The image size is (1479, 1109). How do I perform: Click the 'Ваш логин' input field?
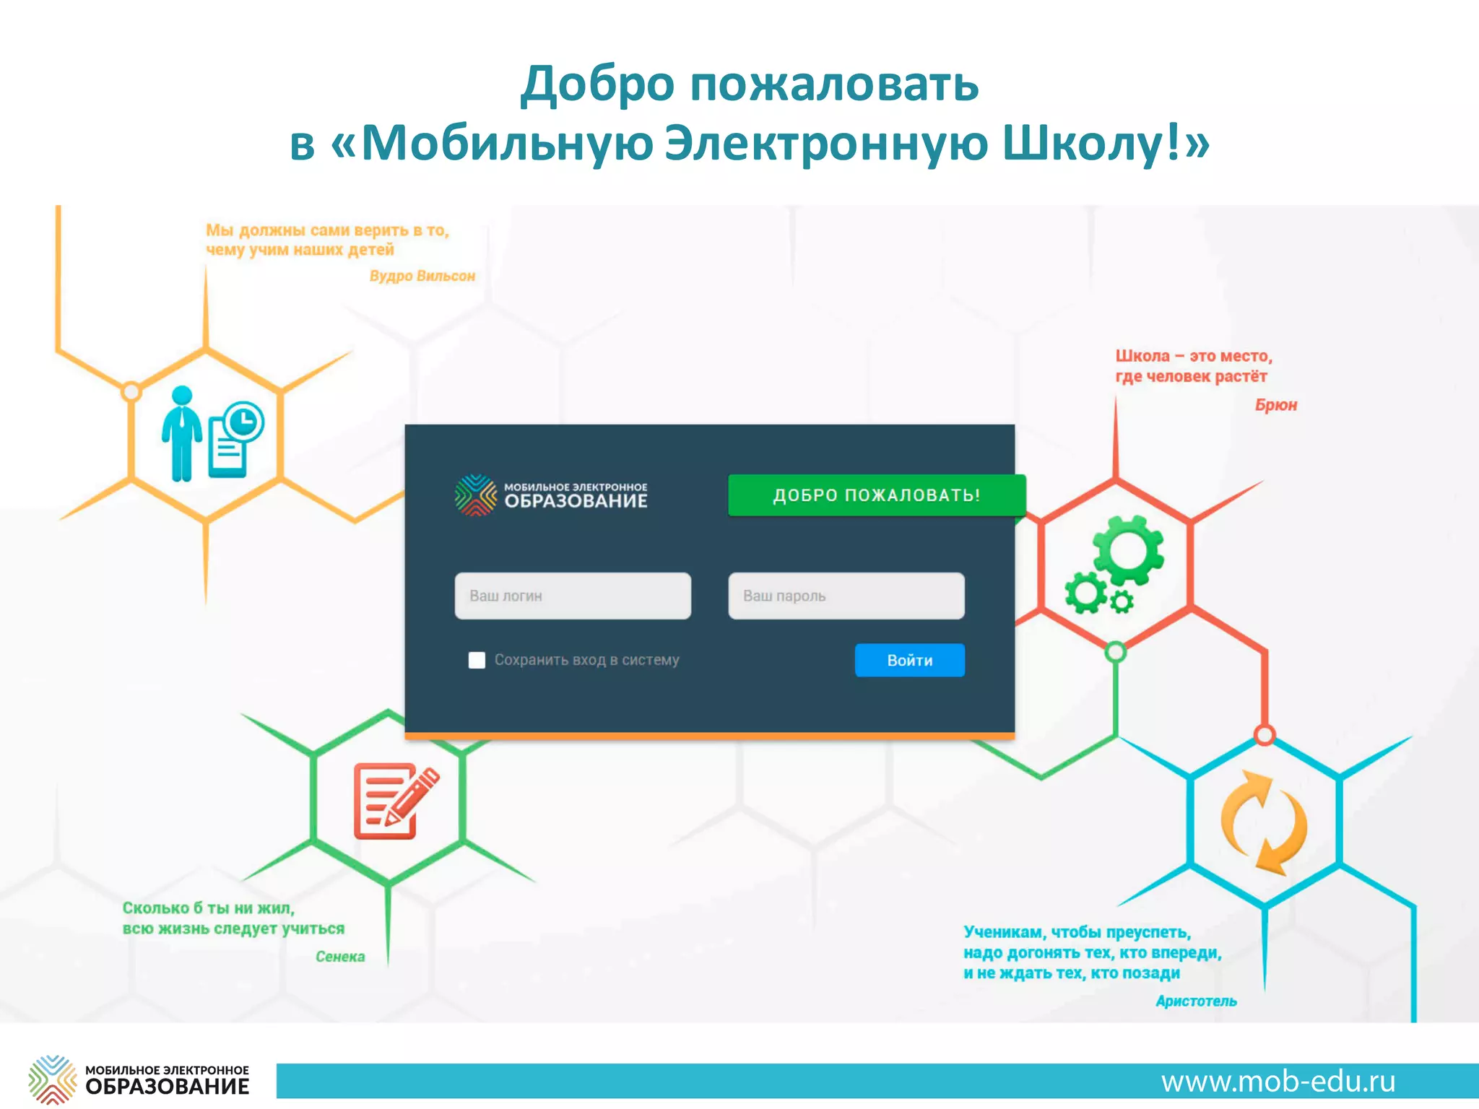point(572,596)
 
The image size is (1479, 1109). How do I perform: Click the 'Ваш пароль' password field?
point(846,596)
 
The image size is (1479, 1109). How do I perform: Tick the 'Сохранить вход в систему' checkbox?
point(477,660)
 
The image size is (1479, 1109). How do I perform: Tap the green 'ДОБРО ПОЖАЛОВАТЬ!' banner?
point(876,495)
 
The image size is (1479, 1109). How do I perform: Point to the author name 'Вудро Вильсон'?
point(422,276)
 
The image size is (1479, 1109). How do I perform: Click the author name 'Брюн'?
point(1275,405)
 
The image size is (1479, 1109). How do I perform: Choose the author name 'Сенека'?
point(340,957)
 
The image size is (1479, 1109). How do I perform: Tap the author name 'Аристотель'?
point(1196,1001)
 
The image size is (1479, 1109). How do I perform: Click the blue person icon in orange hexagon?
point(181,433)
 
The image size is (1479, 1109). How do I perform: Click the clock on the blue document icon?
point(243,421)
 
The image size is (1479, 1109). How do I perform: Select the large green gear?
point(1127,550)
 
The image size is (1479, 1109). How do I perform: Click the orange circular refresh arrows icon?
point(1264,822)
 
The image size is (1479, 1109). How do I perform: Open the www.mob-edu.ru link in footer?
point(1278,1082)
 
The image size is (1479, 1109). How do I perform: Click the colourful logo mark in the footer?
point(53,1079)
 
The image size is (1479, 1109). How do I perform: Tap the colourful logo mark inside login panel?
point(476,495)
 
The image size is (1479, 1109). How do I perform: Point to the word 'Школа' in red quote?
point(1142,356)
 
